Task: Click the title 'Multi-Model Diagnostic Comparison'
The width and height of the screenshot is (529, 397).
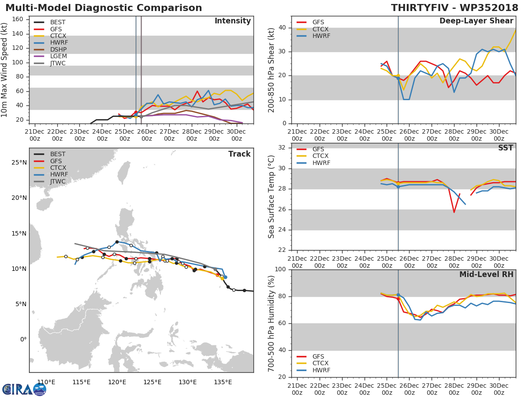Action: pos(104,8)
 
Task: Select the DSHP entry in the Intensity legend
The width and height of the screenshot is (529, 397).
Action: pos(58,50)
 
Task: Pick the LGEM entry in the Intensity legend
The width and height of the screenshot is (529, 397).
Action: pos(58,57)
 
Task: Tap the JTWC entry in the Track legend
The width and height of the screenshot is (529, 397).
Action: pos(58,182)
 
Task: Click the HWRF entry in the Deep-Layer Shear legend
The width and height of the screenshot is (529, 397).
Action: pos(321,36)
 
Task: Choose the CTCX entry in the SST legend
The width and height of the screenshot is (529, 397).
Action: pos(320,156)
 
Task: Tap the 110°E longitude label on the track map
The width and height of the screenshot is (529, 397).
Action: pos(46,382)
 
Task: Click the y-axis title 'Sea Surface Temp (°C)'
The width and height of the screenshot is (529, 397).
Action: pos(272,197)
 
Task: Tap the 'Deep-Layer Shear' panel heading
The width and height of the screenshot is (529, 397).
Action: pos(476,21)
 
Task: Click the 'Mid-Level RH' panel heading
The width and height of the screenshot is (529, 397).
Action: pos(486,274)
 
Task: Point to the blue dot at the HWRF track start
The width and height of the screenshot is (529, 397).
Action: pos(225,277)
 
